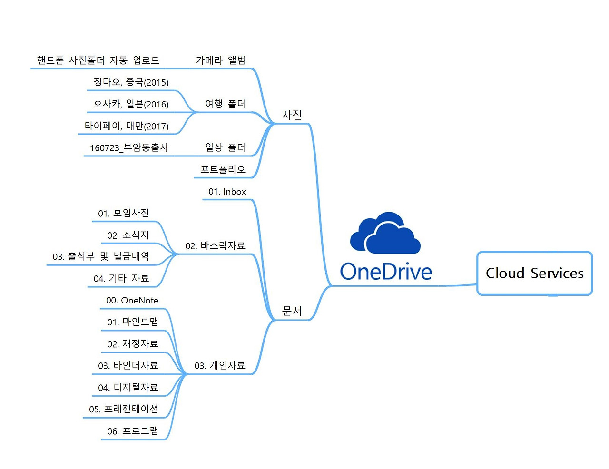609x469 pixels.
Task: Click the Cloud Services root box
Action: [534, 273]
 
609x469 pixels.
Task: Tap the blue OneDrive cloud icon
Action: [385, 233]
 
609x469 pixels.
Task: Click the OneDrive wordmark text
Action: [386, 272]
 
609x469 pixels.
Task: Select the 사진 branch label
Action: [292, 115]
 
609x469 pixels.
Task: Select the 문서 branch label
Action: [292, 311]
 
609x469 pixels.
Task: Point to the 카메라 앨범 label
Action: [221, 60]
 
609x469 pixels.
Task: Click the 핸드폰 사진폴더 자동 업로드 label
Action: [98, 60]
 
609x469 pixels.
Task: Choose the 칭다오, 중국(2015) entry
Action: [131, 82]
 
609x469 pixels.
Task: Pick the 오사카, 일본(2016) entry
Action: [131, 104]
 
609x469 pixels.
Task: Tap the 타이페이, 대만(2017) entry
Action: [127, 126]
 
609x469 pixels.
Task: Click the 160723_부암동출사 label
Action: [129, 147]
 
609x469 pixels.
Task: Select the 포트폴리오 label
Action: [223, 169]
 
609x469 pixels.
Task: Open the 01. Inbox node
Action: [227, 192]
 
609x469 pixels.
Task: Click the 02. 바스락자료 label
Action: [215, 246]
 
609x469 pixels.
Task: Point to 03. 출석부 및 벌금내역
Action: [100, 256]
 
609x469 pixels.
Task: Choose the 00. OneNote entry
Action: [132, 300]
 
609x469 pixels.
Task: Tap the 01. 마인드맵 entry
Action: [133, 322]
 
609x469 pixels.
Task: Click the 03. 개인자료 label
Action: [220, 365]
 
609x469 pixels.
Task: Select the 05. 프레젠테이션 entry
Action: [124, 409]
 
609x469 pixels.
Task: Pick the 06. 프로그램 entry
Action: [133, 431]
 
